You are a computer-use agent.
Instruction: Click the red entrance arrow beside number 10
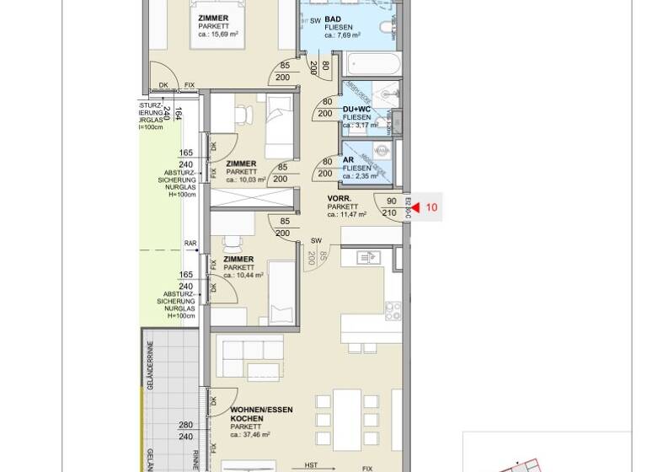(x=415, y=206)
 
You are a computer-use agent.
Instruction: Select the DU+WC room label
(x=356, y=109)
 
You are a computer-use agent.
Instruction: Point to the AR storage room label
(x=348, y=159)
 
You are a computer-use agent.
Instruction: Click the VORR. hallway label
(x=340, y=198)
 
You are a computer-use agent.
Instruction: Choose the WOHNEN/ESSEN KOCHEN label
(x=261, y=414)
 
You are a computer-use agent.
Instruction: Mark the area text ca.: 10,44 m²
(x=243, y=275)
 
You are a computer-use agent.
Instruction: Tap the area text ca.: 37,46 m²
(x=250, y=435)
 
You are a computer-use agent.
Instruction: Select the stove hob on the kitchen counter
(x=393, y=310)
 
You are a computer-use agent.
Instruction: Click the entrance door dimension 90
(x=391, y=201)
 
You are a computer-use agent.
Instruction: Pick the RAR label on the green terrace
(x=190, y=244)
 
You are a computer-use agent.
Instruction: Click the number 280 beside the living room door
(x=186, y=426)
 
